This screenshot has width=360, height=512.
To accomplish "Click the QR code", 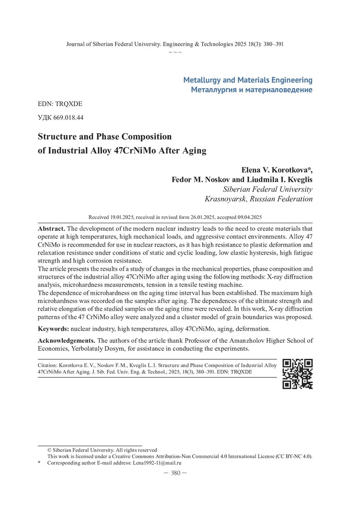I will (x=297, y=374).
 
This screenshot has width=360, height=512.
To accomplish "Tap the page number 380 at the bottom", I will (x=175, y=473).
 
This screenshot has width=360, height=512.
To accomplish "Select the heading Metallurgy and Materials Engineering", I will (x=248, y=80).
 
